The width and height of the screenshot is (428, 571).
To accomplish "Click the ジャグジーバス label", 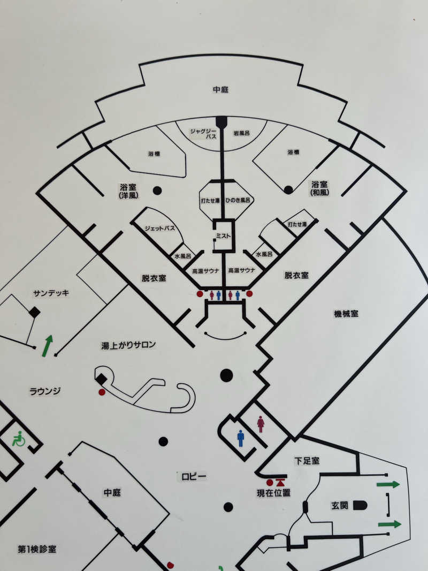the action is (x=203, y=133).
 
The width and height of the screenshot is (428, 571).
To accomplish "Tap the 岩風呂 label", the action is (x=241, y=133).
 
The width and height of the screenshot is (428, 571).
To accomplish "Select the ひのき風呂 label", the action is (x=239, y=200).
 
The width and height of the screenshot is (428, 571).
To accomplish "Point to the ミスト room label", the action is (x=223, y=235).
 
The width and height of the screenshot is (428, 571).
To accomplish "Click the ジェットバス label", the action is (x=160, y=229).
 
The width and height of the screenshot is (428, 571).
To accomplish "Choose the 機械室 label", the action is (x=346, y=313).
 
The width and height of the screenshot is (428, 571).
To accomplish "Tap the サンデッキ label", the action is (x=51, y=293).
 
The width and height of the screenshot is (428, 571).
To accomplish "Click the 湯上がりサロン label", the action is (x=128, y=345).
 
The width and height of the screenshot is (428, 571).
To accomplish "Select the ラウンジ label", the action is (x=45, y=391).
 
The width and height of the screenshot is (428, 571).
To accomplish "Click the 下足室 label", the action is (x=307, y=461).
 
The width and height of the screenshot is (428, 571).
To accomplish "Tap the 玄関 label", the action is (x=339, y=505).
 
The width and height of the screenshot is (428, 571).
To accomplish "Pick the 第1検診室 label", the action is (x=37, y=549).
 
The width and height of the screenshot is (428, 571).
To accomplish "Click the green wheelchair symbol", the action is (x=19, y=438).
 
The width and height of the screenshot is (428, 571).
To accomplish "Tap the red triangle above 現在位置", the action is (x=280, y=483).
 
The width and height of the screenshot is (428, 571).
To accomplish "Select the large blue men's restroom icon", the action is (x=241, y=438).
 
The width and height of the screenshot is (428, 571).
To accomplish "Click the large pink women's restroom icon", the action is (x=261, y=424).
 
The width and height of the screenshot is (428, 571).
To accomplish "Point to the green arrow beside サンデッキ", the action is (x=47, y=346).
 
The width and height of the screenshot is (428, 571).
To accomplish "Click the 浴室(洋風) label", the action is (x=128, y=191).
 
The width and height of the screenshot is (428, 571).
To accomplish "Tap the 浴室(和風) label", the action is (x=319, y=188).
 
